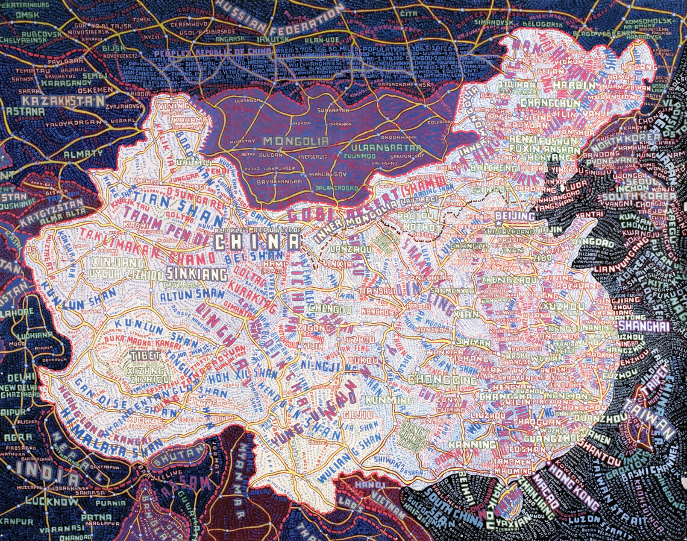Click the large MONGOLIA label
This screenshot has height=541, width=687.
[295, 141]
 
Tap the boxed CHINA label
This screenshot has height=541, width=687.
[257, 242]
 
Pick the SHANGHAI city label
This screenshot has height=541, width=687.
[644, 325]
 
